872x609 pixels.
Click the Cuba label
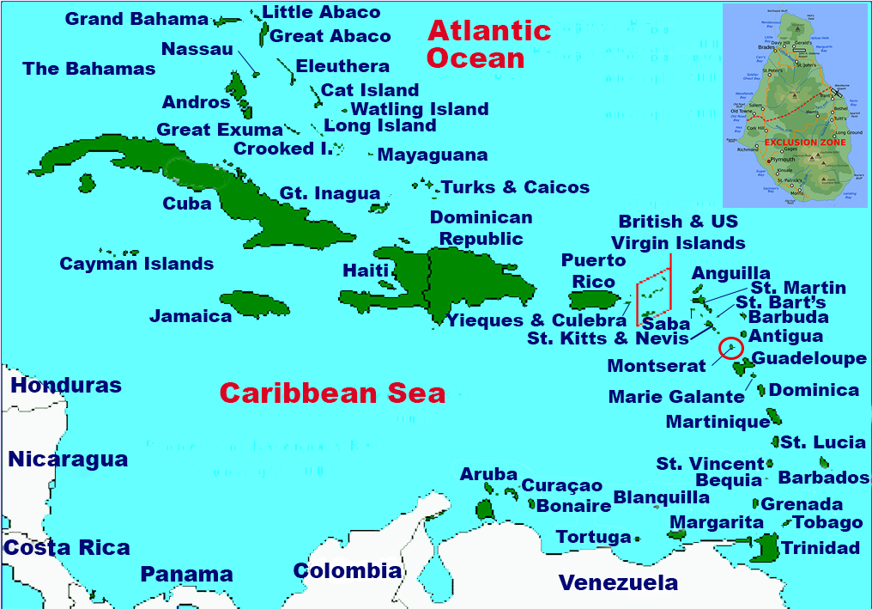(x=187, y=204)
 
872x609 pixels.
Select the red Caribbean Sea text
(x=332, y=393)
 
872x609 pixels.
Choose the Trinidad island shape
(x=766, y=545)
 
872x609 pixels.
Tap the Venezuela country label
(x=618, y=583)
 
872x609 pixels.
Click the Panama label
(x=187, y=575)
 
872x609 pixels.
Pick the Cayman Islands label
(x=136, y=264)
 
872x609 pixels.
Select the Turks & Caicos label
(x=515, y=187)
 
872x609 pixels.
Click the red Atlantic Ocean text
(x=489, y=45)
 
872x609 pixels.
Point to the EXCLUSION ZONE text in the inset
(x=804, y=142)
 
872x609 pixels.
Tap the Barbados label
(x=823, y=478)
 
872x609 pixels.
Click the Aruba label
(x=488, y=474)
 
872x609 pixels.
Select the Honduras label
(x=66, y=386)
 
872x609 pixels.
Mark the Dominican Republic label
(x=481, y=228)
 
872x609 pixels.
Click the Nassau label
(x=197, y=49)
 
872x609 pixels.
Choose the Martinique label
(x=718, y=422)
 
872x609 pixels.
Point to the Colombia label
(x=347, y=571)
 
